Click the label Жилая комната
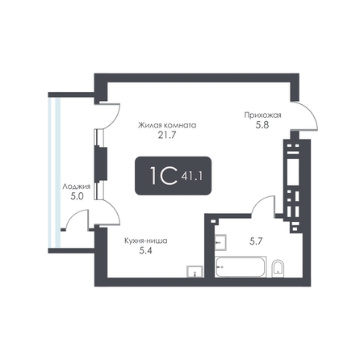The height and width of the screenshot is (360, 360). pyautogui.click(x=167, y=125)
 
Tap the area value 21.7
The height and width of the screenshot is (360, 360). pyautogui.click(x=167, y=135)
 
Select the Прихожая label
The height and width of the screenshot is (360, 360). pyautogui.click(x=262, y=115)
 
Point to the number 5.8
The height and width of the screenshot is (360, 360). pyautogui.click(x=262, y=125)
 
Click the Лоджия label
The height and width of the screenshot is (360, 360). pyautogui.click(x=76, y=186)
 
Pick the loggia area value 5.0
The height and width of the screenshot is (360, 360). pyautogui.click(x=77, y=196)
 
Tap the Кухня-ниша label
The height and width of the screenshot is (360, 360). pyautogui.click(x=146, y=241)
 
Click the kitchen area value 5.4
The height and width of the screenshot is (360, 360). pyautogui.click(x=145, y=251)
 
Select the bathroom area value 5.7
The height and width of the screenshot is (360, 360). pyautogui.click(x=256, y=241)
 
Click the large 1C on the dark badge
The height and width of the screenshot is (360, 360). pyautogui.click(x=163, y=175)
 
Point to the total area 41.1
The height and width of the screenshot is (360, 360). pyautogui.click(x=192, y=176)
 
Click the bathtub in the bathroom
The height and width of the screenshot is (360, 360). pyautogui.click(x=241, y=266)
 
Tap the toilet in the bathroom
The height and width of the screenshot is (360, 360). pyautogui.click(x=278, y=268)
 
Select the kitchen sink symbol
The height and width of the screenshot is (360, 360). pyautogui.click(x=195, y=271)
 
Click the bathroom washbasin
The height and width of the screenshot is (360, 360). pyautogui.click(x=220, y=242)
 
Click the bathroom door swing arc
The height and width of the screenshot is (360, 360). pyautogui.click(x=260, y=202)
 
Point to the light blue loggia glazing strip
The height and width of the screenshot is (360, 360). pyautogui.click(x=54, y=172)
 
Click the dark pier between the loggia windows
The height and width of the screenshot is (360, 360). pyautogui.click(x=101, y=164)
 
